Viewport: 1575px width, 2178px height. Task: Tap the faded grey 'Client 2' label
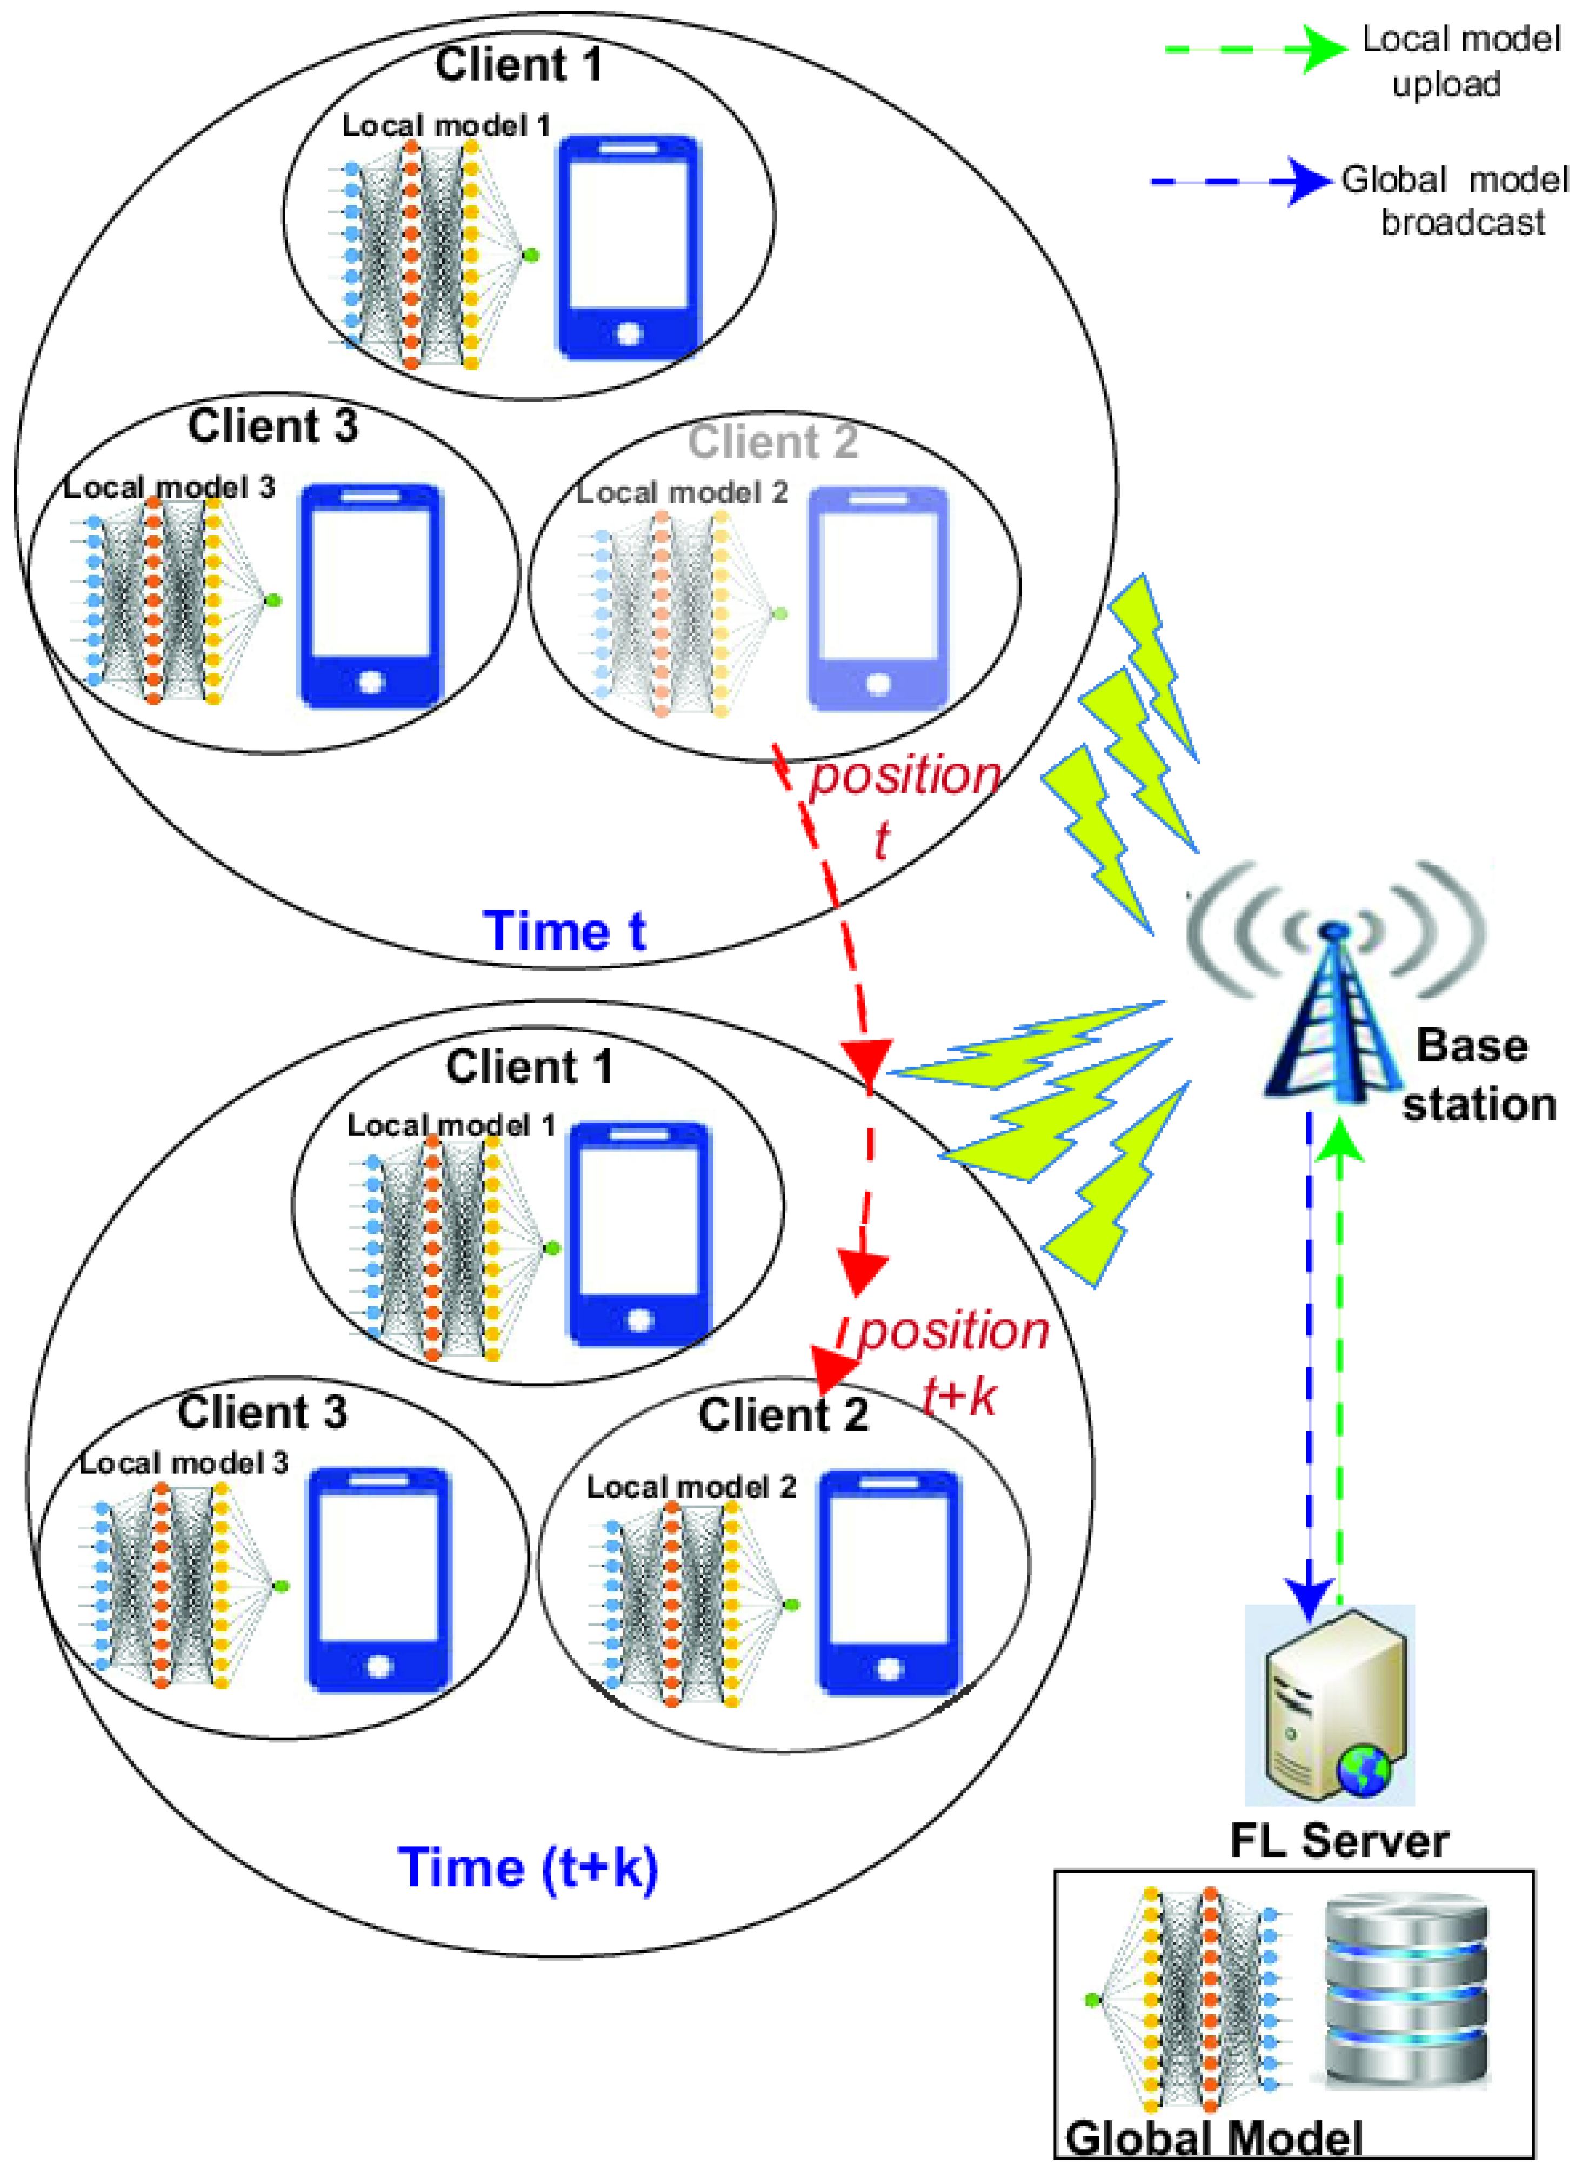click(x=772, y=442)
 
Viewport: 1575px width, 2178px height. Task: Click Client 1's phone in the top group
click(x=629, y=248)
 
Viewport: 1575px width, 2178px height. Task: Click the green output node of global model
click(x=1091, y=2000)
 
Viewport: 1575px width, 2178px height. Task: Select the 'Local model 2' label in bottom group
click(x=691, y=1487)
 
